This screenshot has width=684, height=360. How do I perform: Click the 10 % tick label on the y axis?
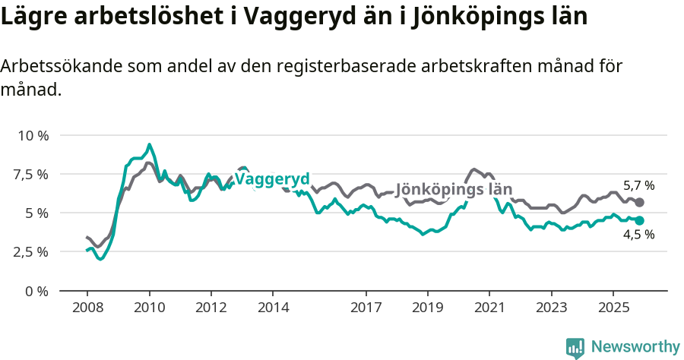coord(33,135)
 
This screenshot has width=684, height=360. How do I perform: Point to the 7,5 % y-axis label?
coord(30,174)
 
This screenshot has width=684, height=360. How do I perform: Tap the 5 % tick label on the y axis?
coord(36,213)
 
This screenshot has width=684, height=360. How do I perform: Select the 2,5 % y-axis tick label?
coord(30,251)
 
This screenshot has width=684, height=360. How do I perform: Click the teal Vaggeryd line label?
coord(272,179)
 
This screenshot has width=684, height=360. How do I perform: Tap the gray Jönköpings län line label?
coord(454,190)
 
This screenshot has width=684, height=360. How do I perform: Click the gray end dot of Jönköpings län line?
coord(639,203)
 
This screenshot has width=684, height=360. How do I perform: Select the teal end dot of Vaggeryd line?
coord(639,220)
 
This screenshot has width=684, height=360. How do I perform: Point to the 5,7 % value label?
coord(638,185)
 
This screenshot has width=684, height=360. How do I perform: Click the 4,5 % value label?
coord(638,235)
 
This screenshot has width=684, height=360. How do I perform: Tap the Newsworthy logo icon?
coord(575,347)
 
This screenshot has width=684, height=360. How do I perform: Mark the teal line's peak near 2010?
coord(149,144)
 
